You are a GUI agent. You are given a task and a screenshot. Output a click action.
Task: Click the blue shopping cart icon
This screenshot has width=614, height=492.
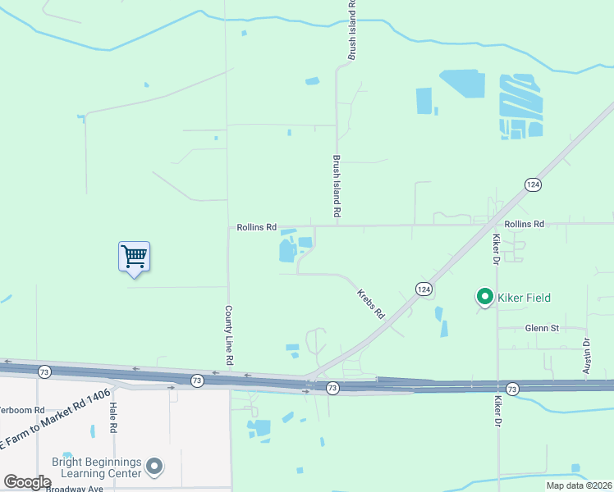pos(134,256)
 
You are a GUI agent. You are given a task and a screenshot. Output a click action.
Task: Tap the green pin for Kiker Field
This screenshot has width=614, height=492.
pos(484,297)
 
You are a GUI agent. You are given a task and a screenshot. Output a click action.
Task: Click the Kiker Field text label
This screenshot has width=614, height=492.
pos(525,298)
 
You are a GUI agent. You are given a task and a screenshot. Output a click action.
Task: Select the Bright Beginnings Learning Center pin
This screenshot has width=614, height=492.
pos(154,467)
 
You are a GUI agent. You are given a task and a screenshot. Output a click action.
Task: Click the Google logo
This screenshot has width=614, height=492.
pos(27,482)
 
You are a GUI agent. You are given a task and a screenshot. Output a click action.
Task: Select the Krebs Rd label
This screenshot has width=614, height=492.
pos(370,303)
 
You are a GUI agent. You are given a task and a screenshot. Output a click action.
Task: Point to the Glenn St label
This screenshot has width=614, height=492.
pos(542,328)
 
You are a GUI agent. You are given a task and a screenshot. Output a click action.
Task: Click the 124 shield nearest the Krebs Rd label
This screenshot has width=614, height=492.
pos(423,289)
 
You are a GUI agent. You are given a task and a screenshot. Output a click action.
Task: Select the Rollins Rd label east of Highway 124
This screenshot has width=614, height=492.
pos(525,224)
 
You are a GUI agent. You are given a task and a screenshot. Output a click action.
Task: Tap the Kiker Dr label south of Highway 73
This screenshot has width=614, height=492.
pos(497,412)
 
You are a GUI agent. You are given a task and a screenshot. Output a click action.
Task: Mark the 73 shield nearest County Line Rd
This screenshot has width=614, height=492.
pos(197,380)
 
